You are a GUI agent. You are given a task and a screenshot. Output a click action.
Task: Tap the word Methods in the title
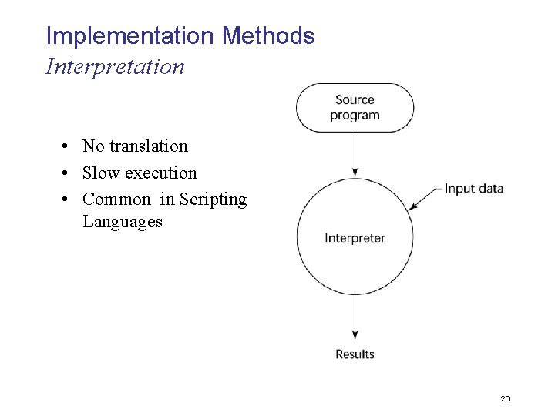[268, 36]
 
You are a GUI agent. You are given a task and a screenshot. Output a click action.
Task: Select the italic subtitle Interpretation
[116, 67]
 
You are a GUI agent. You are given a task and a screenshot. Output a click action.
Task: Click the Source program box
[355, 108]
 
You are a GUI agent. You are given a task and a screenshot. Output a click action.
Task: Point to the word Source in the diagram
[355, 100]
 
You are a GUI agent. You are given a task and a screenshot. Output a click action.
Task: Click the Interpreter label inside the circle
[355, 238]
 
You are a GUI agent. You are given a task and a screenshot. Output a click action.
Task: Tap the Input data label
[474, 189]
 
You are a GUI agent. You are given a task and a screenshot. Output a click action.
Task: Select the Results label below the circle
[355, 354]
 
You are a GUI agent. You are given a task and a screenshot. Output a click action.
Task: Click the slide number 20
[506, 398]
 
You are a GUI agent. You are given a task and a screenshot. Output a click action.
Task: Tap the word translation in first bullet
[148, 146]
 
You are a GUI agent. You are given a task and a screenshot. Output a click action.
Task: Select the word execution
[161, 173]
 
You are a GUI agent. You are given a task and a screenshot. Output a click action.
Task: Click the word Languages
[123, 222]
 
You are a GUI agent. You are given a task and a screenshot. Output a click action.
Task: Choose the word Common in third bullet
[116, 200]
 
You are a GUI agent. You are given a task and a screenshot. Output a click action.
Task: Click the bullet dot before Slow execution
[68, 173]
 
